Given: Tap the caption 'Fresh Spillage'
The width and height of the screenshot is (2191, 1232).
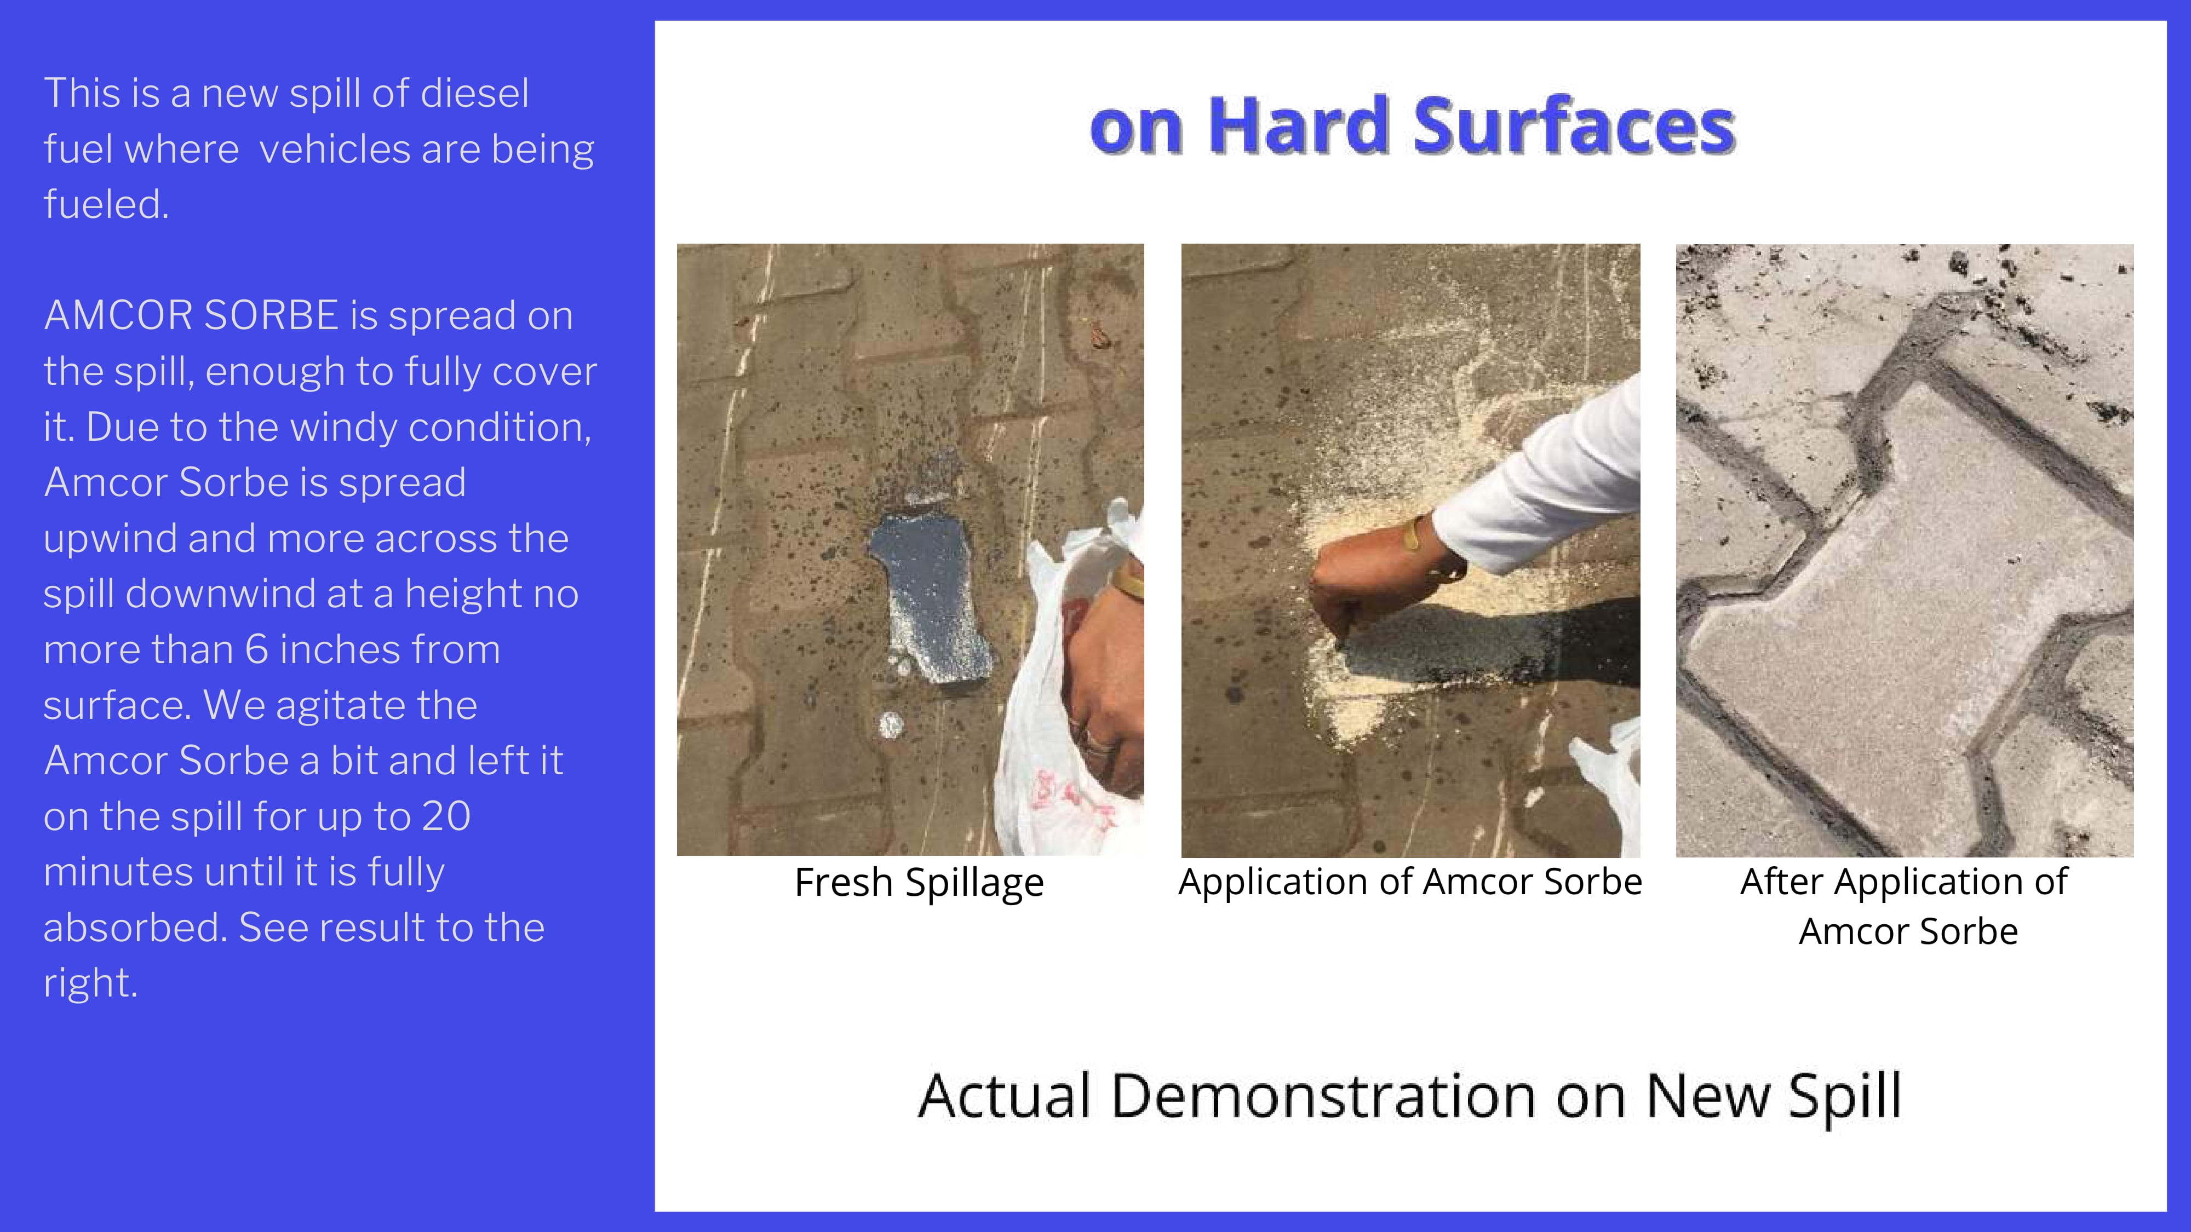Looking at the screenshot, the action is (919, 883).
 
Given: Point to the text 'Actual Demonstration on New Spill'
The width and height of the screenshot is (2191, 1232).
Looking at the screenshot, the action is (1409, 1097).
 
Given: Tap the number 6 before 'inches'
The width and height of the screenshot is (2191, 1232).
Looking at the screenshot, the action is (257, 649).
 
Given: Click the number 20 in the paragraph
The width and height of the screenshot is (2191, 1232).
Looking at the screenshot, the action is (446, 816).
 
